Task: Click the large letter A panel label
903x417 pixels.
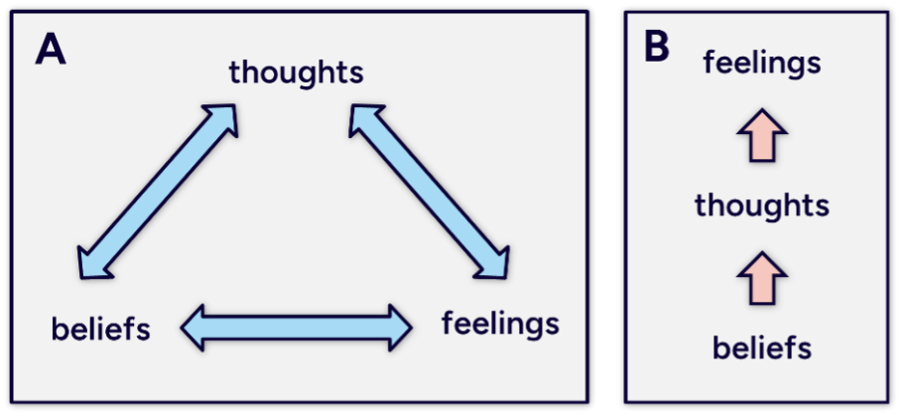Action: tap(51, 49)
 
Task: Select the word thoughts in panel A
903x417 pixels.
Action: tap(296, 72)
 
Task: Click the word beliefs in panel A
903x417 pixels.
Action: tap(100, 328)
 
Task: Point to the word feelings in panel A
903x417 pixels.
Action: tap(500, 324)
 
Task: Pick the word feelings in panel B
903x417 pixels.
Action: tap(762, 64)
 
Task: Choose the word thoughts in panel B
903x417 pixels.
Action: tap(762, 207)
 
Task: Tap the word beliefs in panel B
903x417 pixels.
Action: tap(762, 347)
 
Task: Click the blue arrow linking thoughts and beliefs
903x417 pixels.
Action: tap(159, 190)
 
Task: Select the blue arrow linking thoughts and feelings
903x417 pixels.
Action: tap(429, 191)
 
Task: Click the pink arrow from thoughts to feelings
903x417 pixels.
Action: tap(762, 136)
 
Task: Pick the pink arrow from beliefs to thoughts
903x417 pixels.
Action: tap(762, 277)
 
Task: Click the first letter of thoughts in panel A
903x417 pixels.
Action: tap(235, 72)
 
